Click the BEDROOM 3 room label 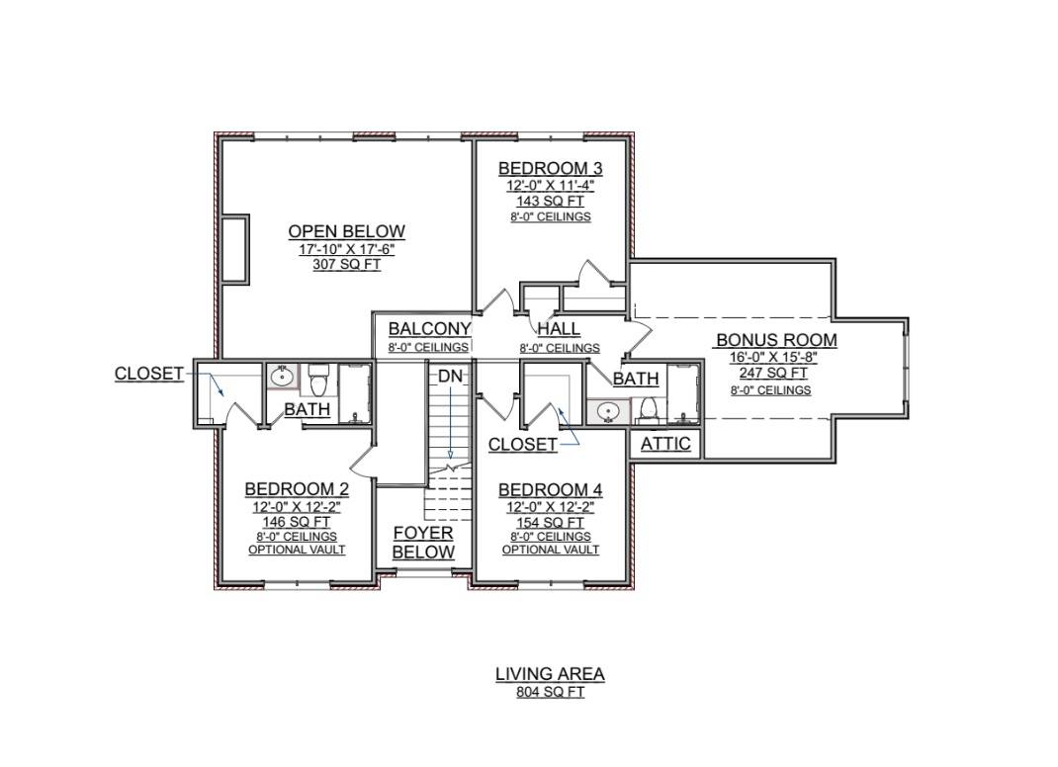coord(550,168)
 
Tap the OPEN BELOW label coord(346,231)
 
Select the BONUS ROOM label coord(776,340)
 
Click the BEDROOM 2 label coord(297,489)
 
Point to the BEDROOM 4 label coord(550,490)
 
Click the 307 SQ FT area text coord(346,265)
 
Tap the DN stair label coord(450,377)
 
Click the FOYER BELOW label coord(423,543)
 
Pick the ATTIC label coord(665,444)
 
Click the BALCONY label coord(429,328)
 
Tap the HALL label coord(559,329)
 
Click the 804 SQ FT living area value coord(550,692)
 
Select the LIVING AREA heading coord(550,674)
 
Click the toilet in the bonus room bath coord(647,408)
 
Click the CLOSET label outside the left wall coord(148,374)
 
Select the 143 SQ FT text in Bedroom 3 coord(550,201)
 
